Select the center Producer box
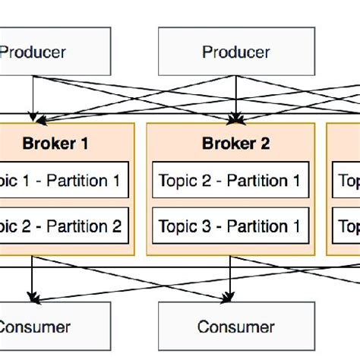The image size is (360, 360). click(x=235, y=52)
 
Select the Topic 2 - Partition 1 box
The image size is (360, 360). click(x=231, y=181)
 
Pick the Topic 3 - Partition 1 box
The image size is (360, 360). click(x=231, y=226)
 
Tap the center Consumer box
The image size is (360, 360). click(x=235, y=327)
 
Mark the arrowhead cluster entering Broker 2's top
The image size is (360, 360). click(x=236, y=118)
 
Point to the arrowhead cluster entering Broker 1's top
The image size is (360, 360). click(x=33, y=118)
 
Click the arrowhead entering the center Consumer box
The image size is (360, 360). click(x=236, y=297)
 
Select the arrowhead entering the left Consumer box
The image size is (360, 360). click(x=32, y=297)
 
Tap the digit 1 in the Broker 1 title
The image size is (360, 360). click(x=94, y=143)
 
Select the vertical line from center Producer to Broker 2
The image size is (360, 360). click(x=236, y=95)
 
